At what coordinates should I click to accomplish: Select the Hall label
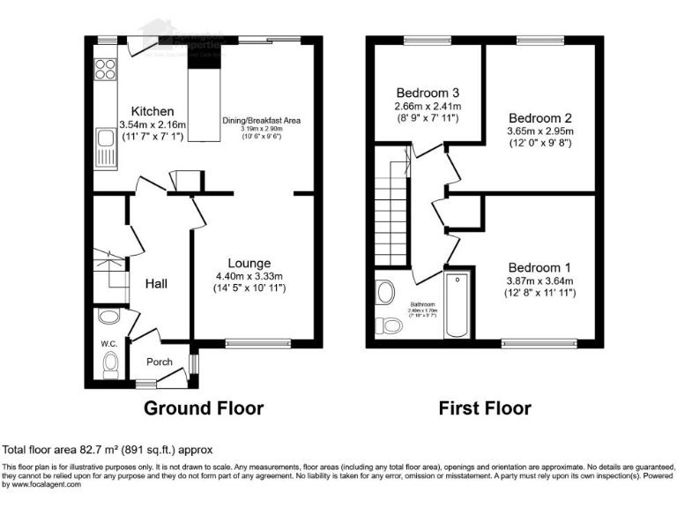[157, 283]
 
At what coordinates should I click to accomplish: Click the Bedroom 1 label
[538, 267]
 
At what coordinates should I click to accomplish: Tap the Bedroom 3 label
[428, 93]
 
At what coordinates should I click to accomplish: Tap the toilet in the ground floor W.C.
[109, 362]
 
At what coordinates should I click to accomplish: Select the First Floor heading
[486, 408]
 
